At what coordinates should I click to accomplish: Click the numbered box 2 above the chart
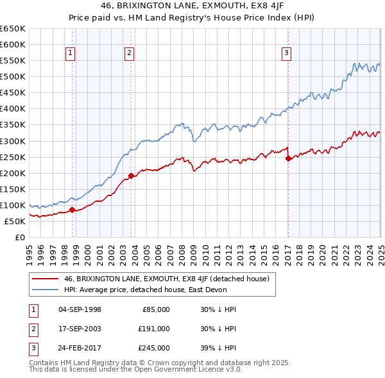point(129,53)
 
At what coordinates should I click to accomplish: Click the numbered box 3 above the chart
point(286,53)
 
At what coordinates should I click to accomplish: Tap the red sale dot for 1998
point(73,210)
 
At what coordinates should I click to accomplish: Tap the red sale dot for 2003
point(132,176)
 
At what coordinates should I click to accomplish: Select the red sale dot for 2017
point(288,158)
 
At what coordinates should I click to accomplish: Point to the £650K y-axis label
point(13,29)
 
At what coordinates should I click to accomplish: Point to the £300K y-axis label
point(13,141)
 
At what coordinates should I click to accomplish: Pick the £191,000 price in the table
point(154,329)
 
